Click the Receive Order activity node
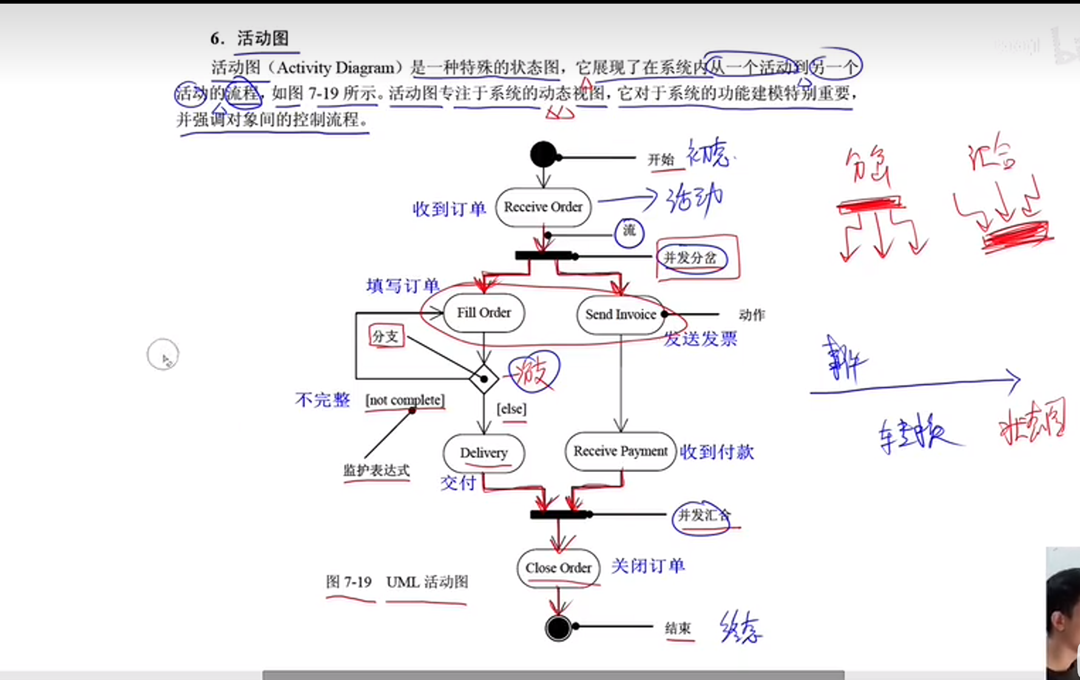[x=543, y=207]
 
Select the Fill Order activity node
[x=484, y=313]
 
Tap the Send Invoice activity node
[x=620, y=315]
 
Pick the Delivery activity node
[x=484, y=453]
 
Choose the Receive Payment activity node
[x=620, y=451]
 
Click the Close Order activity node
[x=558, y=568]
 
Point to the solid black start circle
[x=543, y=155]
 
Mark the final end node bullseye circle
[x=558, y=628]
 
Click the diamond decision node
[x=484, y=380]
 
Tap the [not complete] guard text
[x=405, y=400]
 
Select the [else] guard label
[x=511, y=409]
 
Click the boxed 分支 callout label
[x=386, y=336]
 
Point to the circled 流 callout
[x=629, y=232]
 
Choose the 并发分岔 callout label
[x=690, y=258]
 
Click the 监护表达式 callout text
[x=376, y=470]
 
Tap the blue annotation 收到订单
[x=449, y=209]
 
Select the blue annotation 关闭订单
[x=647, y=566]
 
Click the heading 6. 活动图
[x=249, y=38]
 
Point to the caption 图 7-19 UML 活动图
[x=397, y=582]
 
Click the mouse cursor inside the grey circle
[x=164, y=358]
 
